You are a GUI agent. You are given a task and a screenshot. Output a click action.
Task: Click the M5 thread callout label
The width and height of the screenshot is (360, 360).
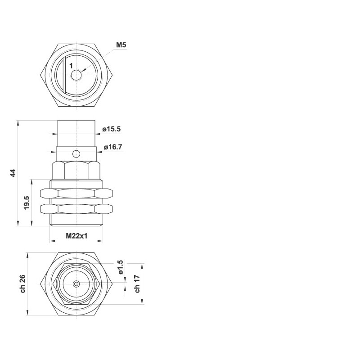(x=121, y=45)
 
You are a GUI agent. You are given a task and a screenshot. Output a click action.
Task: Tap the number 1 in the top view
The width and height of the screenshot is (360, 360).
(x=71, y=66)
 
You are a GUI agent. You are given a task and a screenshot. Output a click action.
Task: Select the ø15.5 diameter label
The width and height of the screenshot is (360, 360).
(x=111, y=129)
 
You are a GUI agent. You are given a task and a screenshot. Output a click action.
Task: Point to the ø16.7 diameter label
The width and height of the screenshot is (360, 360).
(x=113, y=147)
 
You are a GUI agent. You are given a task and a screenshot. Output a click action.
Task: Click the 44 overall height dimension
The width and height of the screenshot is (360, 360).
(x=13, y=173)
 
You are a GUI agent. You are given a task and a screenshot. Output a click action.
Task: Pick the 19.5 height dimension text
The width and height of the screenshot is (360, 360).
(x=27, y=202)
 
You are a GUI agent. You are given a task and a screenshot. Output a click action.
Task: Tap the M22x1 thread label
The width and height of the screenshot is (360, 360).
(x=76, y=236)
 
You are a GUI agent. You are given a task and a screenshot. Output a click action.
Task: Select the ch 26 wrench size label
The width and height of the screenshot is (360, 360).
(x=23, y=284)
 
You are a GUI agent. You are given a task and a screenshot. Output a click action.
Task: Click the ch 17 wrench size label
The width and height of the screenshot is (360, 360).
(x=137, y=284)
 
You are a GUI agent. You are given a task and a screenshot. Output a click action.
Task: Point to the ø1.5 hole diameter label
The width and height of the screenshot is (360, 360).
(x=120, y=267)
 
